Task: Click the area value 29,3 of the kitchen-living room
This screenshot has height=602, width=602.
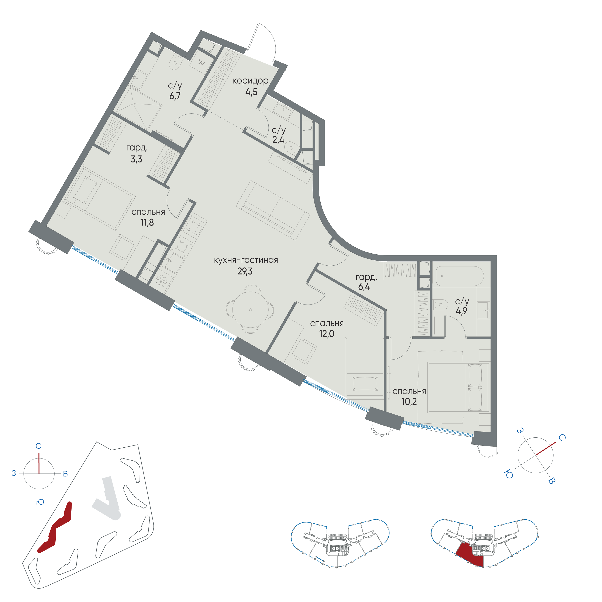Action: [245, 271]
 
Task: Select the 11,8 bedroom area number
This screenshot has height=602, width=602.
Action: [147, 223]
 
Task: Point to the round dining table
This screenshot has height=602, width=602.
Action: [250, 309]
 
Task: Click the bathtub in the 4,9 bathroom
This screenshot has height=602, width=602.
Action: [460, 276]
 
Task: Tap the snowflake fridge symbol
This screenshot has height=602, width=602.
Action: [161, 281]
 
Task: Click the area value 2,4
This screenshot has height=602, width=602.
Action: [278, 140]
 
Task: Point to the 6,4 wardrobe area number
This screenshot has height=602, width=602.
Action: [364, 287]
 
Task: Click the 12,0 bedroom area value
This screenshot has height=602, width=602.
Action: [327, 334]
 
